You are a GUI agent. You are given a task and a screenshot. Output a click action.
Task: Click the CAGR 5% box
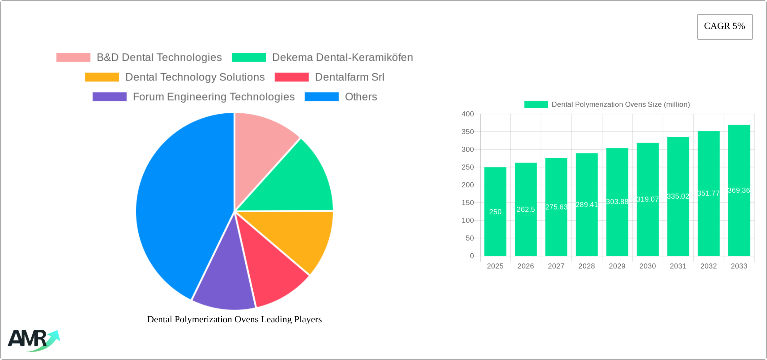[725, 27]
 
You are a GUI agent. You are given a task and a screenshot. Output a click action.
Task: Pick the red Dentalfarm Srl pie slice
[269, 266]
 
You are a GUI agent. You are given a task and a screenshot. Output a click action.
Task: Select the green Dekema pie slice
[296, 182]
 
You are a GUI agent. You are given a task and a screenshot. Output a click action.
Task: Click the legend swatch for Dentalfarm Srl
[291, 77]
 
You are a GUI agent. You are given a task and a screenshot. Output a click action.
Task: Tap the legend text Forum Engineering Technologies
[214, 97]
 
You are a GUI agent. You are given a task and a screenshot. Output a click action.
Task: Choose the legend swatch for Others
[321, 97]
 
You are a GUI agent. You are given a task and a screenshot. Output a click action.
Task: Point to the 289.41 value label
[586, 205]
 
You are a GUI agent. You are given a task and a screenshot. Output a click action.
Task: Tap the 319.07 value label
[647, 199]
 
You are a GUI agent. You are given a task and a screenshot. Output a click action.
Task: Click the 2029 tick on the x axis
[617, 266]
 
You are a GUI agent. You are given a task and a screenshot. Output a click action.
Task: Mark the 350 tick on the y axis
[467, 132]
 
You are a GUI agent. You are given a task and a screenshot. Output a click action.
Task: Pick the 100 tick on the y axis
[467, 220]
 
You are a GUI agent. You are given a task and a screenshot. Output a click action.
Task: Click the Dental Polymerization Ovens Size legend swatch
[536, 105]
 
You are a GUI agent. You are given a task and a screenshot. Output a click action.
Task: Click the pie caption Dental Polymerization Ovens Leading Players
[234, 319]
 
